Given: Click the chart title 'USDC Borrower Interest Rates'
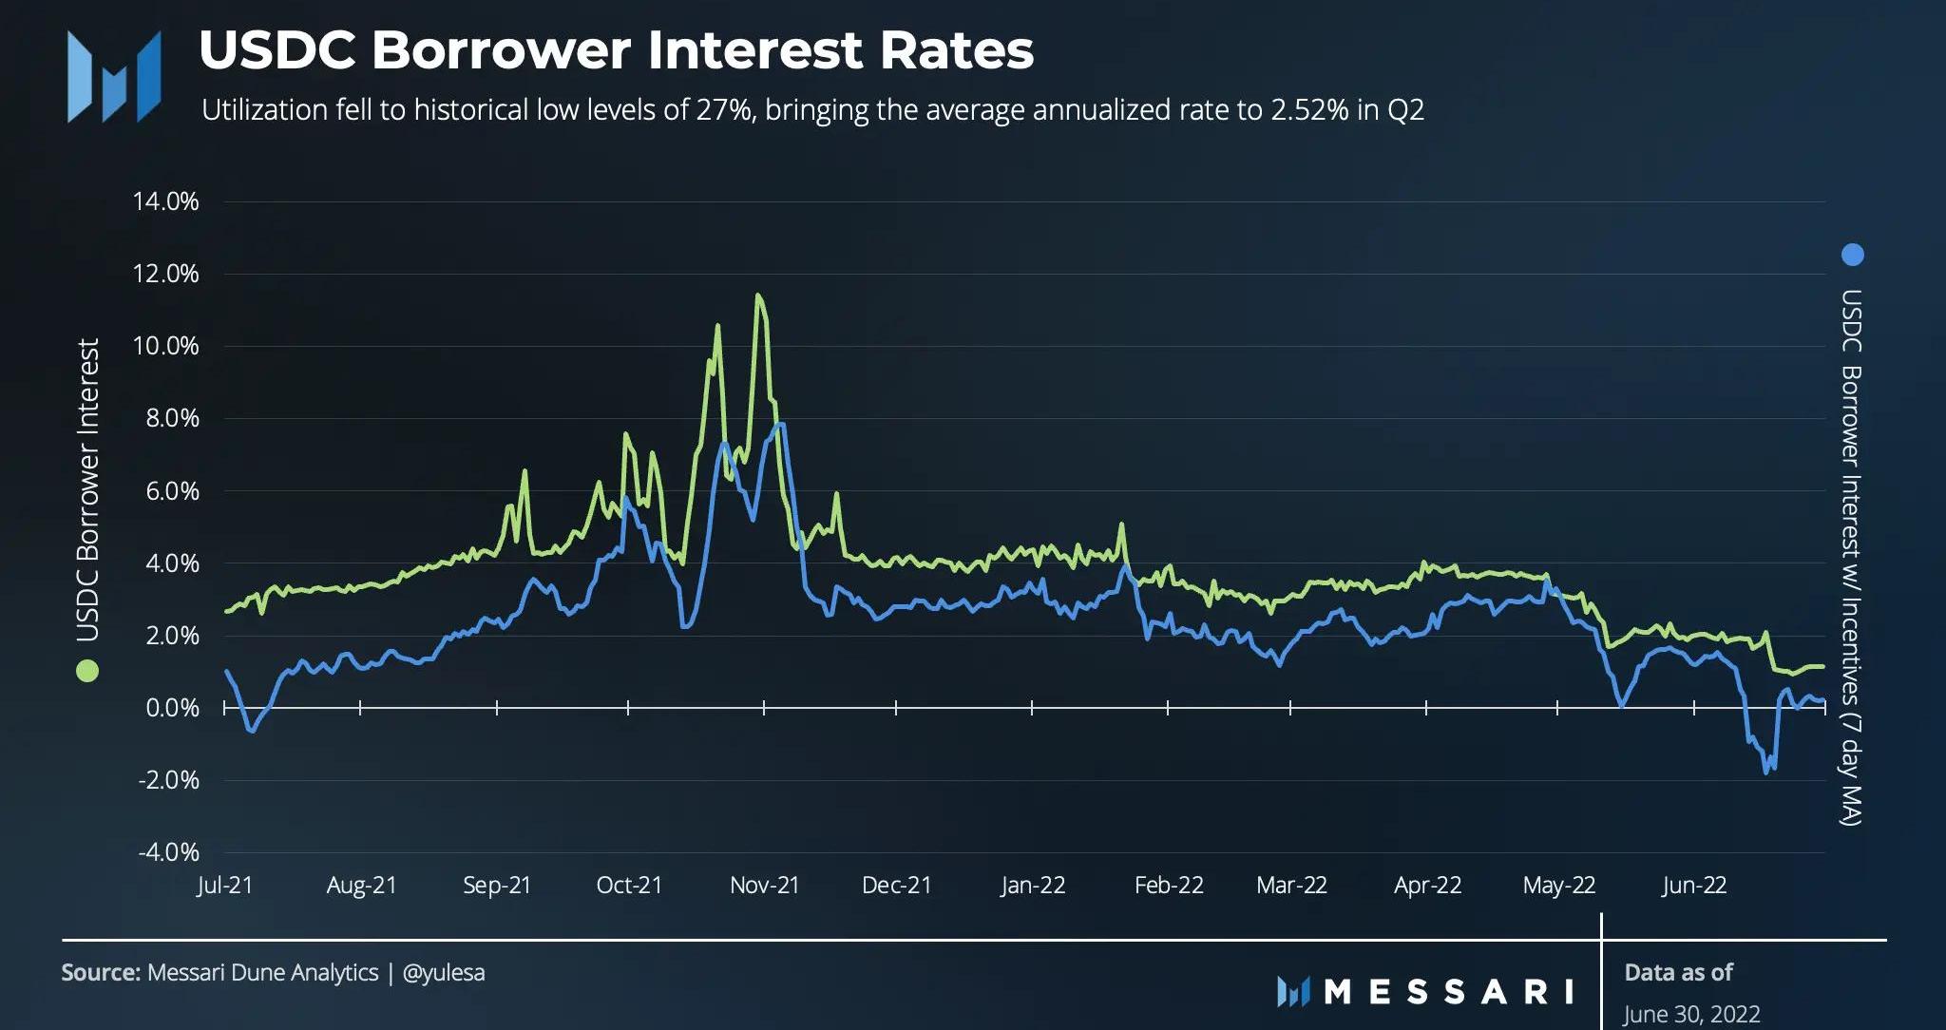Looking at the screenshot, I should point(616,50).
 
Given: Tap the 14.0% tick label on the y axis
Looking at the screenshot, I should point(168,201).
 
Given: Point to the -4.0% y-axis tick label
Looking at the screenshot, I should point(168,851).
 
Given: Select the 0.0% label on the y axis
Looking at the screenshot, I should point(172,708).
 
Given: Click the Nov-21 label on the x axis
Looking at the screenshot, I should point(764,886).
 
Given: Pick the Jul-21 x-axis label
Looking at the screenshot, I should point(225,886).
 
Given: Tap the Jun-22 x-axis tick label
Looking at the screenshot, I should point(1694,886).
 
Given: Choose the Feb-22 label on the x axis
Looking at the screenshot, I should point(1169,886).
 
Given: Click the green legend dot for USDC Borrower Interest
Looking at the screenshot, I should point(87,672).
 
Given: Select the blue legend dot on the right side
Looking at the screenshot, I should point(1852,255).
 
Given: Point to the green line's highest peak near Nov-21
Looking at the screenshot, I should point(757,296).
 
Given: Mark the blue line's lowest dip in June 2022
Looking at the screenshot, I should point(1766,772).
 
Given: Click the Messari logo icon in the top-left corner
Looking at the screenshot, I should point(113,76).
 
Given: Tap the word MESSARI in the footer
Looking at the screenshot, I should point(1448,991).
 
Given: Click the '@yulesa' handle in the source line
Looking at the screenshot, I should point(444,973).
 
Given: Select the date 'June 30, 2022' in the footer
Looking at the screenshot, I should point(1691,1014).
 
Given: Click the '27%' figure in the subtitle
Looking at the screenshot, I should point(722,110).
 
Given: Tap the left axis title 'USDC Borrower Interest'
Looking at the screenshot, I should point(87,489).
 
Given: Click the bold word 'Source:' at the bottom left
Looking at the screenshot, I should point(100,973).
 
